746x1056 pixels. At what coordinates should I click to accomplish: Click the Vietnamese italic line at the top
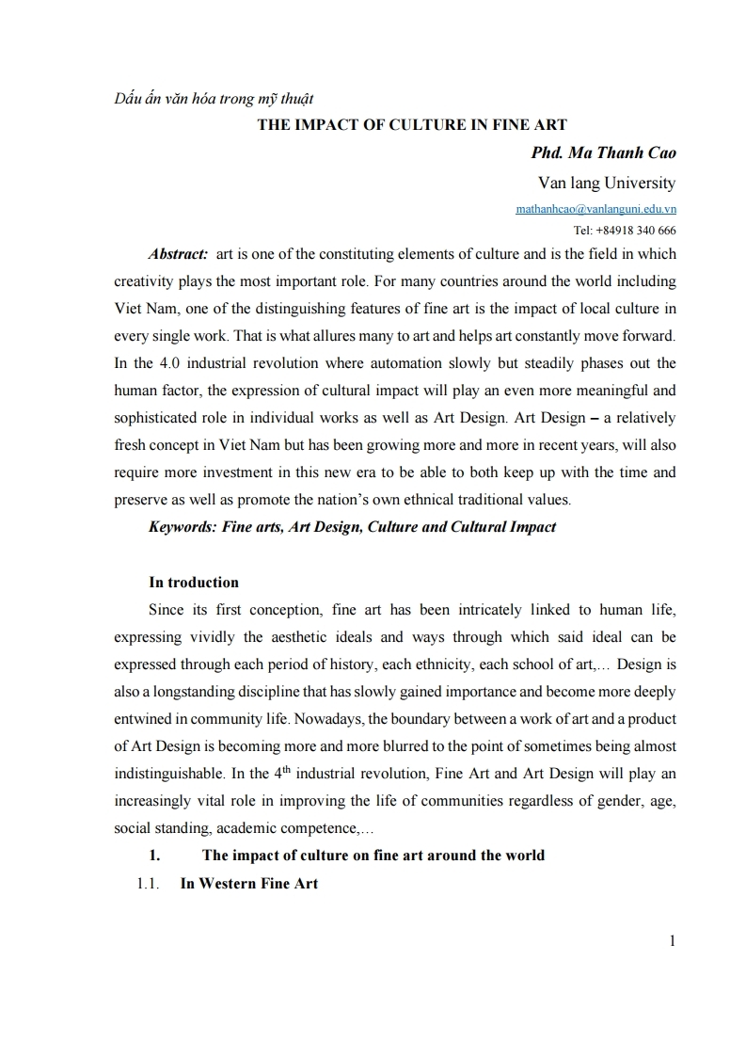pos(213,98)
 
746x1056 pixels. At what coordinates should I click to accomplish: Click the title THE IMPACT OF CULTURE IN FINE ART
pos(412,125)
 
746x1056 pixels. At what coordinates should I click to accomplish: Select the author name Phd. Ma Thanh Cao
pos(604,152)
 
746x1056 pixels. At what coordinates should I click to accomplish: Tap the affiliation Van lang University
pos(606,182)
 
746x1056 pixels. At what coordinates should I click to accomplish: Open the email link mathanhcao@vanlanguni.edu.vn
pos(595,209)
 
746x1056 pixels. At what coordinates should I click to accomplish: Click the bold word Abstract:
pos(179,254)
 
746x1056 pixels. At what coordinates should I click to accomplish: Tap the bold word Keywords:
pos(183,527)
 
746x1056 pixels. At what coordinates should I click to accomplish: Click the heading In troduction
pos(194,582)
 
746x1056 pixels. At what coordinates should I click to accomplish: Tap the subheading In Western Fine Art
pos(249,883)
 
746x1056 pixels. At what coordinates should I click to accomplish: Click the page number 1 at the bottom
pos(672,939)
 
